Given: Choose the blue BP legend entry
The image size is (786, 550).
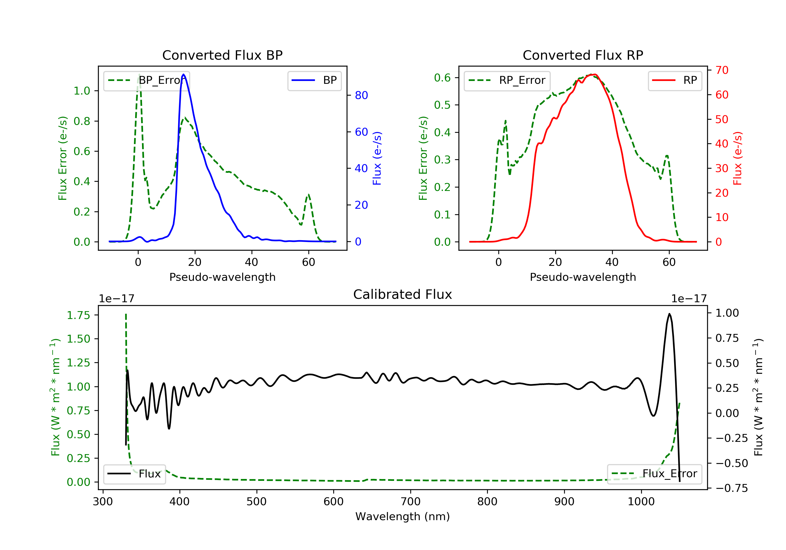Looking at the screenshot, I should [314, 81].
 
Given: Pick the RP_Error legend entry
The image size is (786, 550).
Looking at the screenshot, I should [507, 81].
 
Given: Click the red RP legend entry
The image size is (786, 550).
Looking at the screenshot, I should [675, 81].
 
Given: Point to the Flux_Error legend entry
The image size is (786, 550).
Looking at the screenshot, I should [654, 474].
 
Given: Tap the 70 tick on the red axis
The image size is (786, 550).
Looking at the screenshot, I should [722, 70].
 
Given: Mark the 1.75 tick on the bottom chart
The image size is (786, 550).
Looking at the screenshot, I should [78, 316].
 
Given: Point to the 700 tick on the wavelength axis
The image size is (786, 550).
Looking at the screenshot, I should [411, 502].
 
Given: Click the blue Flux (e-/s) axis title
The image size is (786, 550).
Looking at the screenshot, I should [377, 158].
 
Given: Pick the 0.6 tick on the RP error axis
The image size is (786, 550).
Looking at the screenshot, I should [442, 78].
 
